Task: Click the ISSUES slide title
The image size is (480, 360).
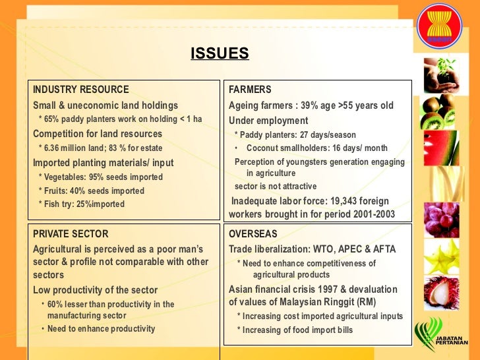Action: pyautogui.click(x=220, y=53)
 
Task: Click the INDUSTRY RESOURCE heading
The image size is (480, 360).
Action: pyautogui.click(x=81, y=90)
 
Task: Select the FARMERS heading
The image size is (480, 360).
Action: pyautogui.click(x=250, y=90)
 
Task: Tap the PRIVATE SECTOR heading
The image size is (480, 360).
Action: pyautogui.click(x=71, y=234)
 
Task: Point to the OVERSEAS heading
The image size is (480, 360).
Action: pyautogui.click(x=253, y=234)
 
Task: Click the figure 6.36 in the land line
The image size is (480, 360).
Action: pyautogui.click(x=54, y=148)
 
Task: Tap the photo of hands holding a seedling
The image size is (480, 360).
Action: pyautogui.click(x=440, y=73)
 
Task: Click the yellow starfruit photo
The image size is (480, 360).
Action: pyautogui.click(x=440, y=256)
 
